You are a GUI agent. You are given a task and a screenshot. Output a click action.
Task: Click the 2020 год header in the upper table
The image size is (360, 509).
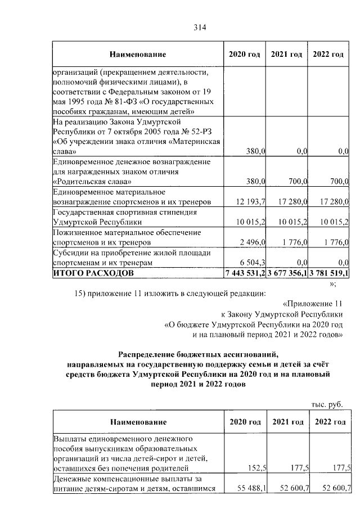point(245,54)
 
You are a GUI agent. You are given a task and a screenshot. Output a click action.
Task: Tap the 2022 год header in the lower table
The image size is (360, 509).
point(330,422)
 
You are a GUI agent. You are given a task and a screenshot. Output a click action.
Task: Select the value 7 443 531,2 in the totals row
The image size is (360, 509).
point(245,274)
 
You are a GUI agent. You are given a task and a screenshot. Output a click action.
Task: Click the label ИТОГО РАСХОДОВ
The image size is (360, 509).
point(93,274)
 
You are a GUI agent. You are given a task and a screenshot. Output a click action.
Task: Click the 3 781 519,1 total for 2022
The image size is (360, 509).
point(329,274)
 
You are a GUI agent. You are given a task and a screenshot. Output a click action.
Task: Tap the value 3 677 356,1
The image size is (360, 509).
point(287,274)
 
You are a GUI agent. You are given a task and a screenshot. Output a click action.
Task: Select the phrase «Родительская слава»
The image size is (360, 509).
point(93,181)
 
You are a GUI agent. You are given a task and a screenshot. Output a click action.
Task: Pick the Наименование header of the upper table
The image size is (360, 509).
point(138,54)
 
